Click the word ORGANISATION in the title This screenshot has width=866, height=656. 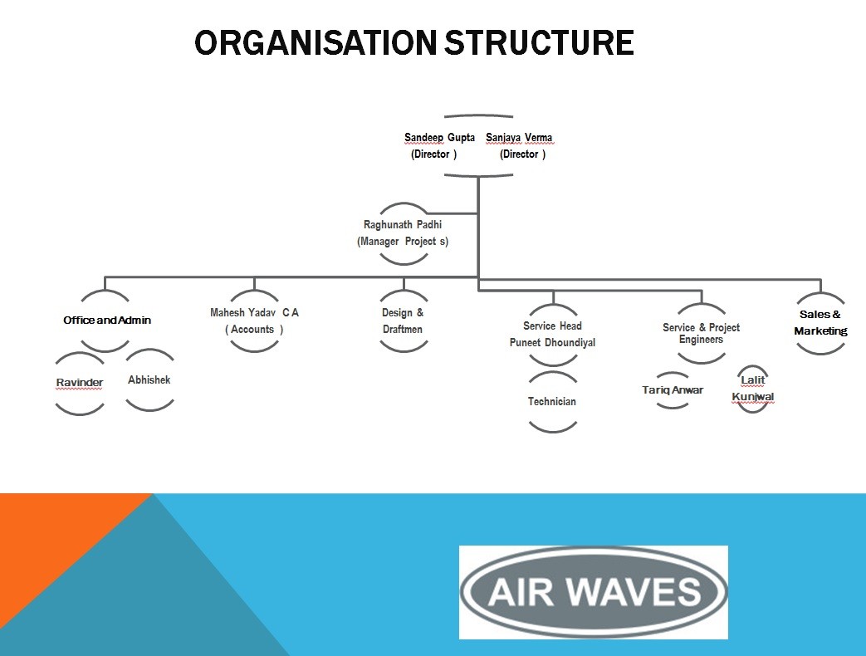pos(316,42)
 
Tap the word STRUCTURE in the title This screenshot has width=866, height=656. pos(539,42)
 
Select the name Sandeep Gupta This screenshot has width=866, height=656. pos(439,138)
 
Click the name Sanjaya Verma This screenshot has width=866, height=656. pos(519,138)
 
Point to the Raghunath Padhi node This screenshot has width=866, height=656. pos(403,233)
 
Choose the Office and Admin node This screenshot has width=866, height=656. pos(106,321)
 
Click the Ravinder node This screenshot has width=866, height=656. pos(80,383)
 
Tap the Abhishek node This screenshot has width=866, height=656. pos(149,380)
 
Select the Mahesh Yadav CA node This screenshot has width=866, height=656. pos(254,321)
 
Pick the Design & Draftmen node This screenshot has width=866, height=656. pos(404,321)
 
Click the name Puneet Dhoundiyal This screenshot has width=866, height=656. pos(552,342)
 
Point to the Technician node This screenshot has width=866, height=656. pos(552,401)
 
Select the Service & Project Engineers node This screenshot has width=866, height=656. pos(702,333)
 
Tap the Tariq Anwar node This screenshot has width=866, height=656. pos(673,389)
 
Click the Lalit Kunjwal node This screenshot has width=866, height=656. pos(753,388)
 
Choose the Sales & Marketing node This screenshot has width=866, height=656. pos(820,323)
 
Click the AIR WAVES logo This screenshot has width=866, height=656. pos(594,592)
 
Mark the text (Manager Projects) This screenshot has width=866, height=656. pos(403,242)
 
